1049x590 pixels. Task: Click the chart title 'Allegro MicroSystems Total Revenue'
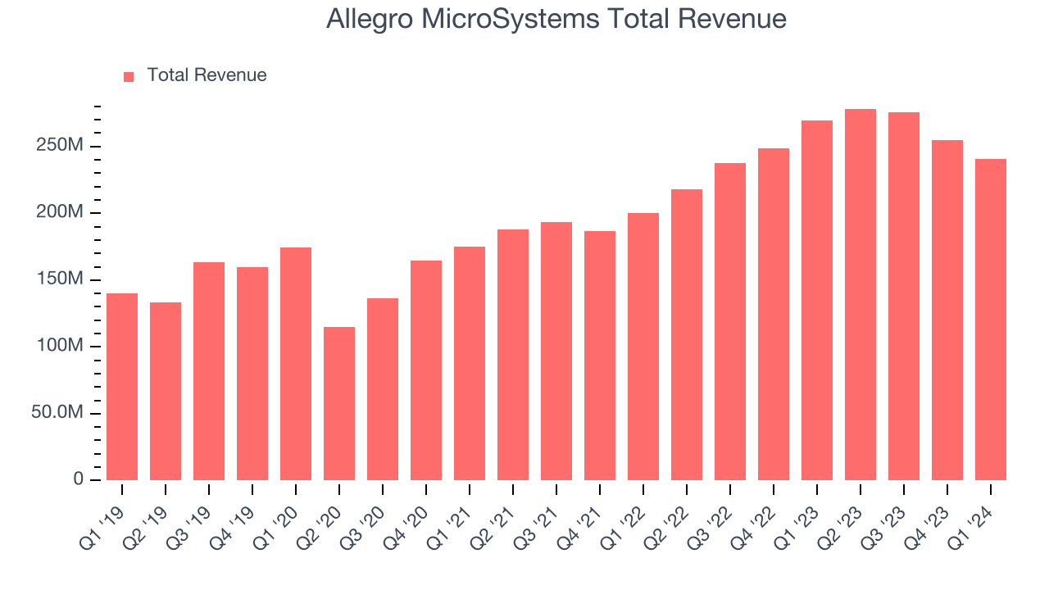tap(556, 19)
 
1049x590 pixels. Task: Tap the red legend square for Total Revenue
tap(129, 76)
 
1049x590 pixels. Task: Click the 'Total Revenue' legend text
tap(207, 75)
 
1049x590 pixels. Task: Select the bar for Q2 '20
tap(339, 403)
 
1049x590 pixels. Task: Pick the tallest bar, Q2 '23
tap(861, 295)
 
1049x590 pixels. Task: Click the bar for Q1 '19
tap(122, 387)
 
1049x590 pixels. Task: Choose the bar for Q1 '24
tap(991, 320)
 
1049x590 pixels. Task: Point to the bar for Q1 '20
tap(296, 364)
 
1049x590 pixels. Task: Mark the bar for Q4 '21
tap(600, 356)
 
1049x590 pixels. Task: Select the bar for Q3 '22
tap(730, 321)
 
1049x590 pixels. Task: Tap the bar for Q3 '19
tap(209, 371)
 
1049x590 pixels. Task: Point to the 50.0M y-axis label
tap(57, 412)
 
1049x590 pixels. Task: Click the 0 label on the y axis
tap(78, 479)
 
